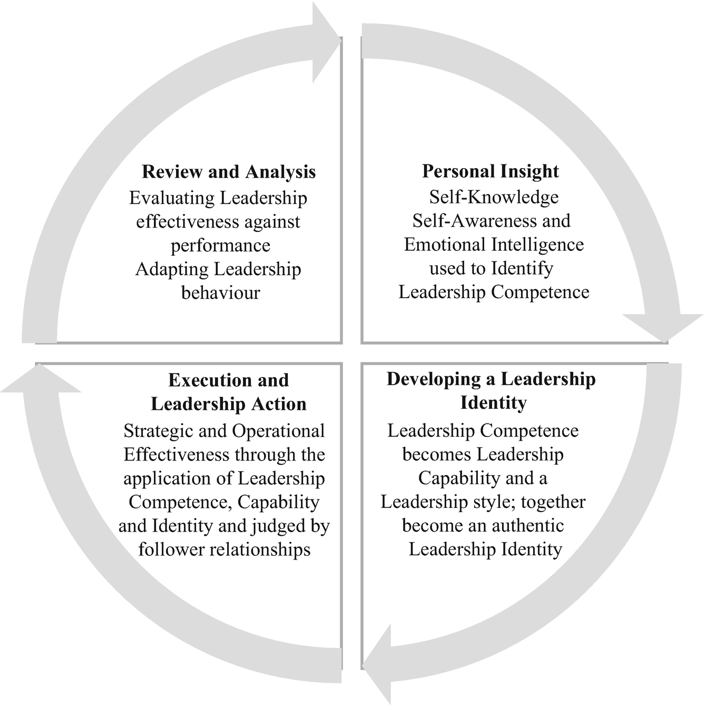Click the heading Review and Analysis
[x=229, y=172]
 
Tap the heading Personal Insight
[x=491, y=171]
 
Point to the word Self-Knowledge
[x=494, y=197]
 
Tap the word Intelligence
[x=538, y=244]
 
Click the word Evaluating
[x=172, y=198]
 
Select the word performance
[x=220, y=246]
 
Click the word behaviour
[x=221, y=292]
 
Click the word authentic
[x=527, y=525]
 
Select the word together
[x=553, y=502]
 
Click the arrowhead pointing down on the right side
[x=663, y=327]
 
